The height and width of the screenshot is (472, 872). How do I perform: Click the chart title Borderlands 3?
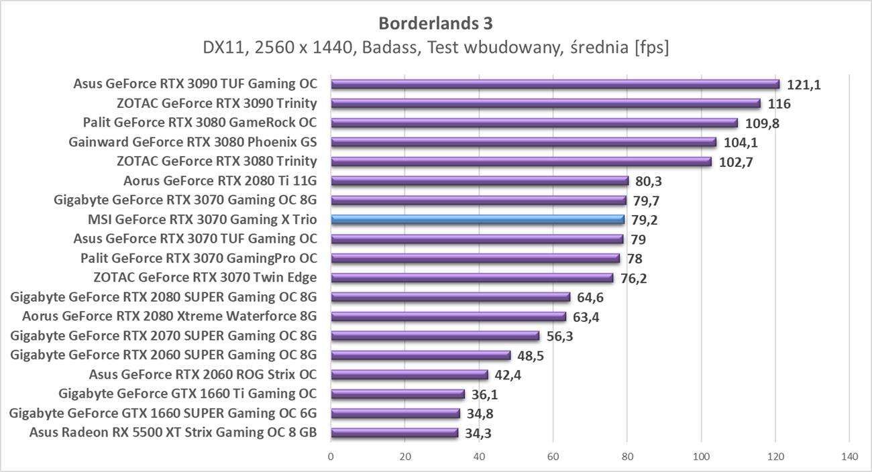click(435, 23)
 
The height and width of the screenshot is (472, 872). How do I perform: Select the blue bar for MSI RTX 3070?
click(478, 219)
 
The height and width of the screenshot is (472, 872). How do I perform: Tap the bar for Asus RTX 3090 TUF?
click(555, 84)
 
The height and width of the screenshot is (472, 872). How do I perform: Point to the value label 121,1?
click(804, 84)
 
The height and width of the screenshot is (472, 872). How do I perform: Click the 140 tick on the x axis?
click(849, 457)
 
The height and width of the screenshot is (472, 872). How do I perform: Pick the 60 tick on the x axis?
click(553, 457)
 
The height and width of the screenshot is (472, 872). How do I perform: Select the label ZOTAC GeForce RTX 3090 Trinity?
click(216, 103)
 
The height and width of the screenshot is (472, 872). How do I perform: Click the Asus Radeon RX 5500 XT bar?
click(394, 432)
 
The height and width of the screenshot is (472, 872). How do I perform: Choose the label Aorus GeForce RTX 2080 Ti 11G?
click(220, 180)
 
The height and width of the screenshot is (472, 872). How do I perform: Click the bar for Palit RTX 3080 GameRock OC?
click(534, 123)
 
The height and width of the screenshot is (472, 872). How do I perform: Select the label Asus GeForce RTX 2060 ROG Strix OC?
click(203, 374)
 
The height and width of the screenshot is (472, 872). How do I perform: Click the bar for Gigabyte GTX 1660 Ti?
click(398, 394)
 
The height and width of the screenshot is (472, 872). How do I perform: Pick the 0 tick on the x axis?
click(331, 457)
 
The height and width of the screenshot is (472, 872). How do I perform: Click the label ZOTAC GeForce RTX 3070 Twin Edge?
click(205, 278)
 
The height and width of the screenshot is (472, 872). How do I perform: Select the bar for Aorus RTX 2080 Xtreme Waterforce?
click(448, 316)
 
